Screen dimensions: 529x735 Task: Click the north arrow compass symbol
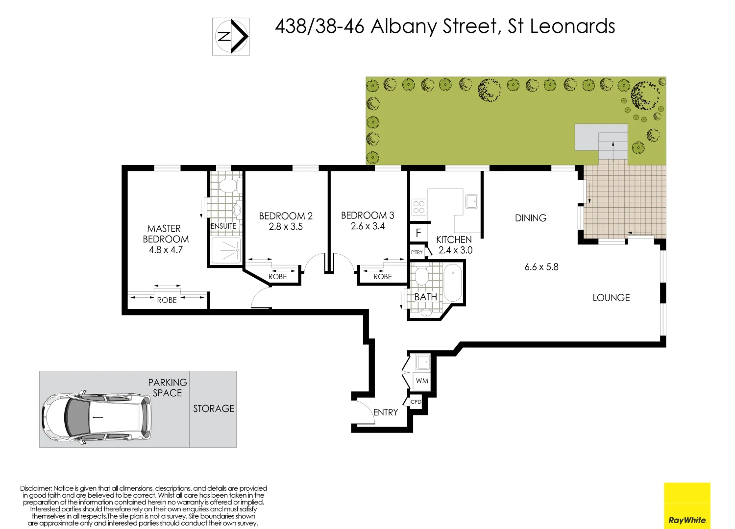[x=231, y=37]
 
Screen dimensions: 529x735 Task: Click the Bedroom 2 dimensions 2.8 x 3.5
[x=286, y=227]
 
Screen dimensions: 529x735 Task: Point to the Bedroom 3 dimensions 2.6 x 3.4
[x=367, y=226]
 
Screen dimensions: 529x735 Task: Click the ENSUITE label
[x=223, y=226]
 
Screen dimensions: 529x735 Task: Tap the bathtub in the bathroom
[x=452, y=283]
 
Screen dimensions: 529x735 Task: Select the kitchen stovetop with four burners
[x=418, y=207]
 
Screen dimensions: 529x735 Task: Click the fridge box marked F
[x=418, y=233]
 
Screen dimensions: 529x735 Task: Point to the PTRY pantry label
[x=417, y=252]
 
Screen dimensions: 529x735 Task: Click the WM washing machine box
[x=422, y=381]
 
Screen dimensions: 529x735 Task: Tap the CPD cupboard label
[x=416, y=402]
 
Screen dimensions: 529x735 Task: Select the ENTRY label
[x=386, y=412]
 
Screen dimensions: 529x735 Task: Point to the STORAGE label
[x=214, y=409]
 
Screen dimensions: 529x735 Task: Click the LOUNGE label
[x=611, y=298]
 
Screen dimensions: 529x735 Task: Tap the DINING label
[x=531, y=218]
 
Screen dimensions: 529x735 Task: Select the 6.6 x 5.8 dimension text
[x=541, y=267]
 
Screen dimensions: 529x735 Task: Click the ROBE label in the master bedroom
[x=167, y=300]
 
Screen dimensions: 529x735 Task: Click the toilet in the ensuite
[x=227, y=186]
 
